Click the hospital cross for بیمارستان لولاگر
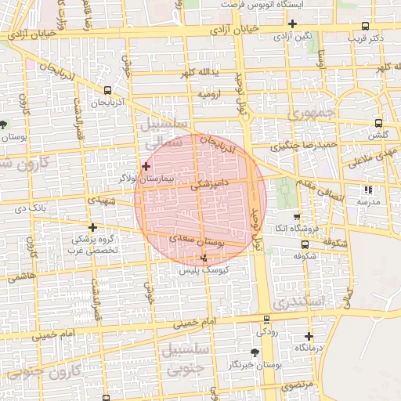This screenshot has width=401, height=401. (146, 166)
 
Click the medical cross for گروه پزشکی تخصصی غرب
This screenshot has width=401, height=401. (92, 227)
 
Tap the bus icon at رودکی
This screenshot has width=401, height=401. (267, 320)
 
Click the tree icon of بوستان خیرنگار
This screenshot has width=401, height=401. (256, 352)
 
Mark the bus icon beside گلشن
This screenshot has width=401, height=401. (379, 123)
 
